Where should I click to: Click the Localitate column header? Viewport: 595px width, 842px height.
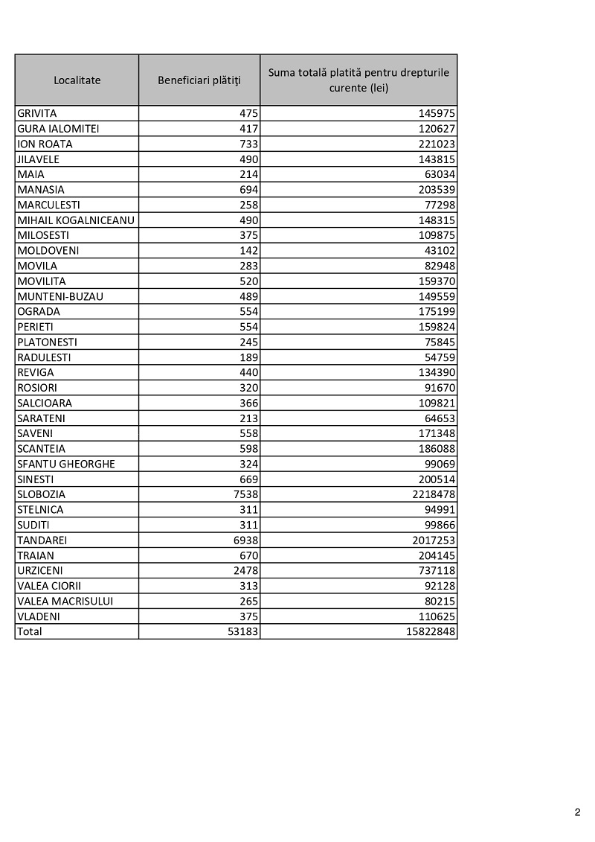click(x=77, y=80)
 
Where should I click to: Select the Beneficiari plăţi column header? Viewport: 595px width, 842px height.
click(x=199, y=80)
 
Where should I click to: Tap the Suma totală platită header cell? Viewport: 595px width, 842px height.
click(x=358, y=80)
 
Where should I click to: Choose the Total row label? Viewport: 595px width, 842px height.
click(x=30, y=631)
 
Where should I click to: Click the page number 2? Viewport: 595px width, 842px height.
click(x=577, y=812)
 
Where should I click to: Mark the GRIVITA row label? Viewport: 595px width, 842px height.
click(x=37, y=114)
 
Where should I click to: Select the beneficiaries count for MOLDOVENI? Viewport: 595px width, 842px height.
click(x=248, y=251)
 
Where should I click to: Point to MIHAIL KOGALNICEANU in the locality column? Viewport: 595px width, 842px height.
click(x=75, y=220)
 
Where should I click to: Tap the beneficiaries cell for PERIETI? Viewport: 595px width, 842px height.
click(x=248, y=327)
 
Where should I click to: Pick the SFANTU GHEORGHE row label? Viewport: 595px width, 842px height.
click(x=66, y=464)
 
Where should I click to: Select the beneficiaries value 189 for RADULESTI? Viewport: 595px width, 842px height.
click(x=248, y=357)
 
